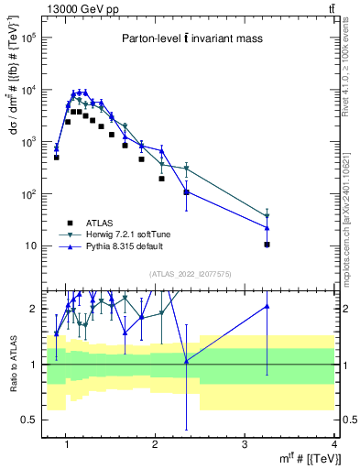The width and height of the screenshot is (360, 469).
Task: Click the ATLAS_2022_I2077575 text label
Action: (x=189, y=273)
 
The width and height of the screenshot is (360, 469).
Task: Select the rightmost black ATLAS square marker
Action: (x=267, y=245)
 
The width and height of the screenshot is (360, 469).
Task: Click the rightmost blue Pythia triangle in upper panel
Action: (x=267, y=227)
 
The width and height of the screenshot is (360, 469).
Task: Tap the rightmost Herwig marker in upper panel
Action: (x=267, y=217)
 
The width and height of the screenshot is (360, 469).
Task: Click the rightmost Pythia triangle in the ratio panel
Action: (x=267, y=306)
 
